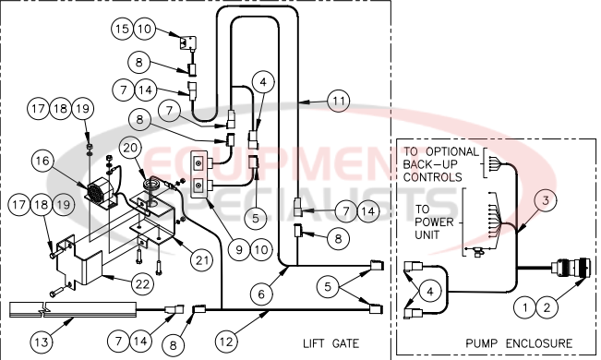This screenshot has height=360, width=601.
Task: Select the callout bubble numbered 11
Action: click(x=339, y=99)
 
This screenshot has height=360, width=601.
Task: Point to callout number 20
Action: click(x=130, y=148)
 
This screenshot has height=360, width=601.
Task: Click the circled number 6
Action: click(x=262, y=294)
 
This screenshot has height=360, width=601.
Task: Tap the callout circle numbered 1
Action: click(x=524, y=304)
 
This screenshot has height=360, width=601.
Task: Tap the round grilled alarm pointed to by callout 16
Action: click(x=94, y=196)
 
